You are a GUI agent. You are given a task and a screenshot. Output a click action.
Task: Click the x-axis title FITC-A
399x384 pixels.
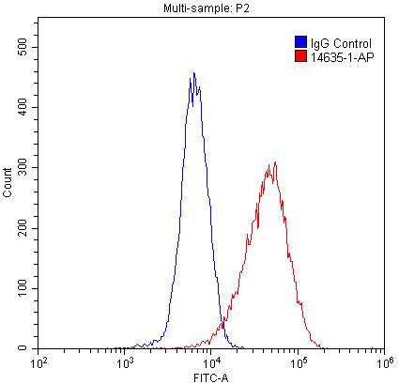pos(210,376)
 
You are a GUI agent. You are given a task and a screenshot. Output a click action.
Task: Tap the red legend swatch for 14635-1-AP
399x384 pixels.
pos(299,56)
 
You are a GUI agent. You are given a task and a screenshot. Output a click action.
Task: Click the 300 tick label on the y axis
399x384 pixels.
pos(23,167)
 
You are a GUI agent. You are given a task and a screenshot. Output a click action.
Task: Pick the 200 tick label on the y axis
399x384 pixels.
pos(23,228)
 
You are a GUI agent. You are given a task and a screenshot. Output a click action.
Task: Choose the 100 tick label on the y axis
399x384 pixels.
pos(23,288)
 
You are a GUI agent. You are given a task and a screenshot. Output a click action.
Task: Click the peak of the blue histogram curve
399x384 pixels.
pos(193,73)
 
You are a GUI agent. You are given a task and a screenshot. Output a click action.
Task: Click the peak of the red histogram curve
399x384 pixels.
pos(273,162)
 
